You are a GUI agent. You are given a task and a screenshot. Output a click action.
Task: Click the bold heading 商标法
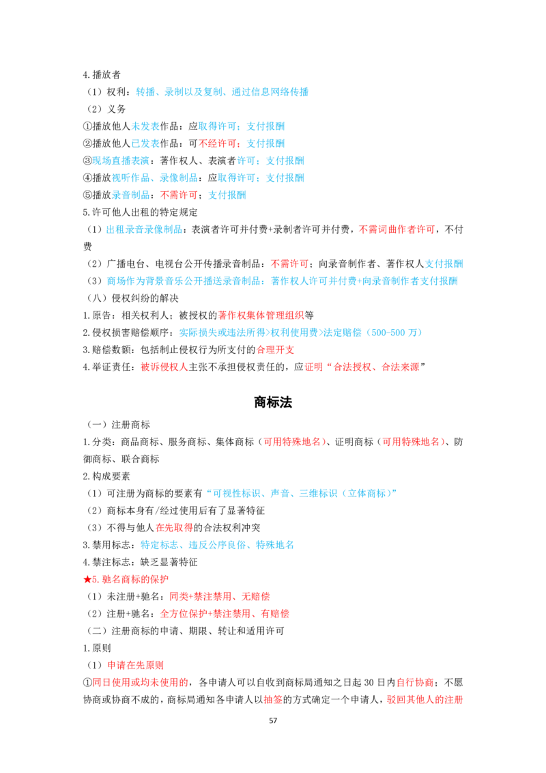[273, 402]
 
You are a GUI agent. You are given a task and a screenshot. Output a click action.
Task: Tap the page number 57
[273, 720]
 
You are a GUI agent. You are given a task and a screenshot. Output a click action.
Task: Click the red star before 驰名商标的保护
[87, 579]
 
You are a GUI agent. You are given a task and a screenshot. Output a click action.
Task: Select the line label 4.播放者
[102, 75]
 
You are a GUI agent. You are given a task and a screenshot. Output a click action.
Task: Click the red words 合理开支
[275, 350]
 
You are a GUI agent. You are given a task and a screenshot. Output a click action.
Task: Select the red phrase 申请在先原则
[136, 666]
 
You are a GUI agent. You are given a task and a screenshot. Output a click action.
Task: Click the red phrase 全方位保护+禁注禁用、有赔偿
[225, 614]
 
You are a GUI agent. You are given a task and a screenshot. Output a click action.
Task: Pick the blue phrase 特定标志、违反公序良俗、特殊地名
[217, 545]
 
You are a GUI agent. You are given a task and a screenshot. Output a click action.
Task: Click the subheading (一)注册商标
[119, 425]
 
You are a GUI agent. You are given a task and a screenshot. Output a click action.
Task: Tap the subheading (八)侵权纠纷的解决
[133, 298]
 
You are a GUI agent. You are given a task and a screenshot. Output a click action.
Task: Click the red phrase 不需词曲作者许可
[397, 229]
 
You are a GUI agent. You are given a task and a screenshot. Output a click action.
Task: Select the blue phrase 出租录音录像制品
[145, 229]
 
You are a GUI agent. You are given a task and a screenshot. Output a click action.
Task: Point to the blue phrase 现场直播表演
[121, 160]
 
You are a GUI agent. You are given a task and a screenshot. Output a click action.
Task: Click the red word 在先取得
[175, 527]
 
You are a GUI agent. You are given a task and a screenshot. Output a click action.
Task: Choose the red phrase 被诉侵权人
[164, 367]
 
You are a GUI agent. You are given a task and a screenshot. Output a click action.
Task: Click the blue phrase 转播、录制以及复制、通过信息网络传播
[222, 92]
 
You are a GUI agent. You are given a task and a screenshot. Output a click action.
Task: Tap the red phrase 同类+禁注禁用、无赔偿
[220, 597]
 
